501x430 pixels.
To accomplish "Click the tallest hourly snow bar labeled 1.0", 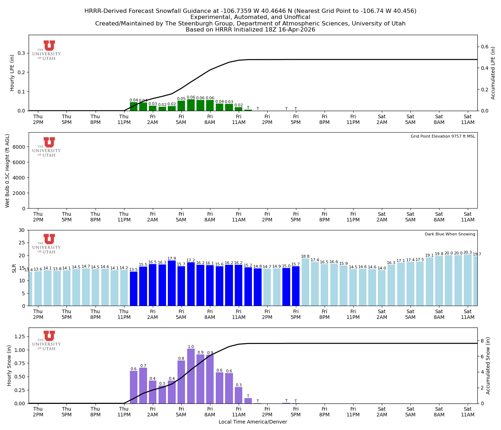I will click(191, 376).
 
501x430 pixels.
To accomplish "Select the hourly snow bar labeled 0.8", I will click(181, 382).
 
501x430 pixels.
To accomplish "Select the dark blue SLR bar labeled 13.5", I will click(133, 288).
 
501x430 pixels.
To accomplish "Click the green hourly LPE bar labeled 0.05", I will click(181, 106).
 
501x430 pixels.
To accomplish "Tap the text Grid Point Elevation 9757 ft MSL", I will click(443, 137).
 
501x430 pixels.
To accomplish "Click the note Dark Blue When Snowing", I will click(450, 234).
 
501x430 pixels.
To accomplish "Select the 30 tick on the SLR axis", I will click(22, 230).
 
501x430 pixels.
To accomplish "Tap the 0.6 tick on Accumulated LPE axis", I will click(485, 47).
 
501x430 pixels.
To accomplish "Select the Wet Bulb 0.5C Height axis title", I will click(8, 171).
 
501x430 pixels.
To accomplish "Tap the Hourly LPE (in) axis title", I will click(12, 73).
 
